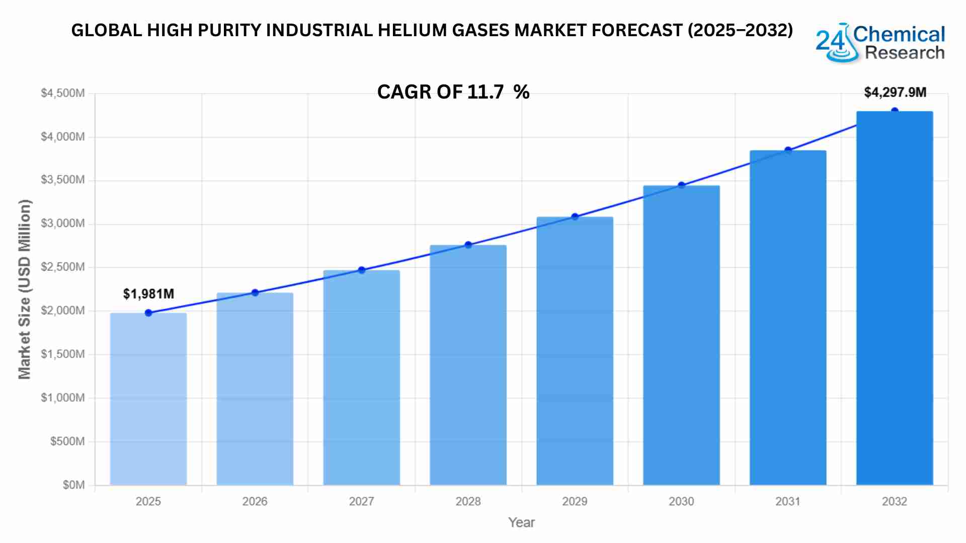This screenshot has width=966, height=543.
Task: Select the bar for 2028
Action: tap(468, 365)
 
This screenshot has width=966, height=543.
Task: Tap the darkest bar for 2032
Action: tap(895, 298)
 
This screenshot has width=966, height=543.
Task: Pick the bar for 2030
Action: tap(681, 335)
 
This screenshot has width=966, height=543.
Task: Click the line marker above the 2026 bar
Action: tap(255, 293)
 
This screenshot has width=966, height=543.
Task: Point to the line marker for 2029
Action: tap(575, 217)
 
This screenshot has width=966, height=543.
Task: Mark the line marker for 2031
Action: tap(788, 150)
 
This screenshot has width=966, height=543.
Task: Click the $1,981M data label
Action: tap(148, 294)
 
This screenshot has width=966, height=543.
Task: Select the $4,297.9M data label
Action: tap(895, 93)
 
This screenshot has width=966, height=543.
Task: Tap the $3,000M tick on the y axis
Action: tap(63, 224)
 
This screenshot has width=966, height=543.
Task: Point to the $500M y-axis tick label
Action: tap(67, 441)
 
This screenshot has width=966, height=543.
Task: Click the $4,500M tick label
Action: tap(63, 93)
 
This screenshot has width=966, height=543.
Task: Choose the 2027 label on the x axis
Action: tap(361, 501)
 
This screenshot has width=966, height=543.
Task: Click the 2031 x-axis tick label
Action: tap(788, 501)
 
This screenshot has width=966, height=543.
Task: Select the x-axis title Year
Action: tap(521, 522)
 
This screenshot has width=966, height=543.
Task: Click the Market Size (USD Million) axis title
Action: tap(25, 289)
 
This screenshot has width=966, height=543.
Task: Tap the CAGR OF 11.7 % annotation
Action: tap(453, 92)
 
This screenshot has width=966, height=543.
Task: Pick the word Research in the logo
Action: tap(905, 53)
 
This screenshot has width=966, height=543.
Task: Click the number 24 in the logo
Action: tap(829, 41)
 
